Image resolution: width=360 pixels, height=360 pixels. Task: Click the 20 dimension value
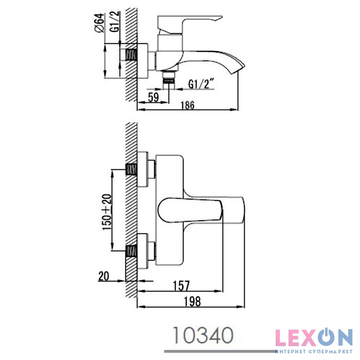coord(104,276)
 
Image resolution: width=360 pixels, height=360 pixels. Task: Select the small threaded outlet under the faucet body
coord(168,79)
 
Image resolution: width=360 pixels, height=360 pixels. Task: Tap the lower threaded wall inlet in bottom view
coord(132,252)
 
